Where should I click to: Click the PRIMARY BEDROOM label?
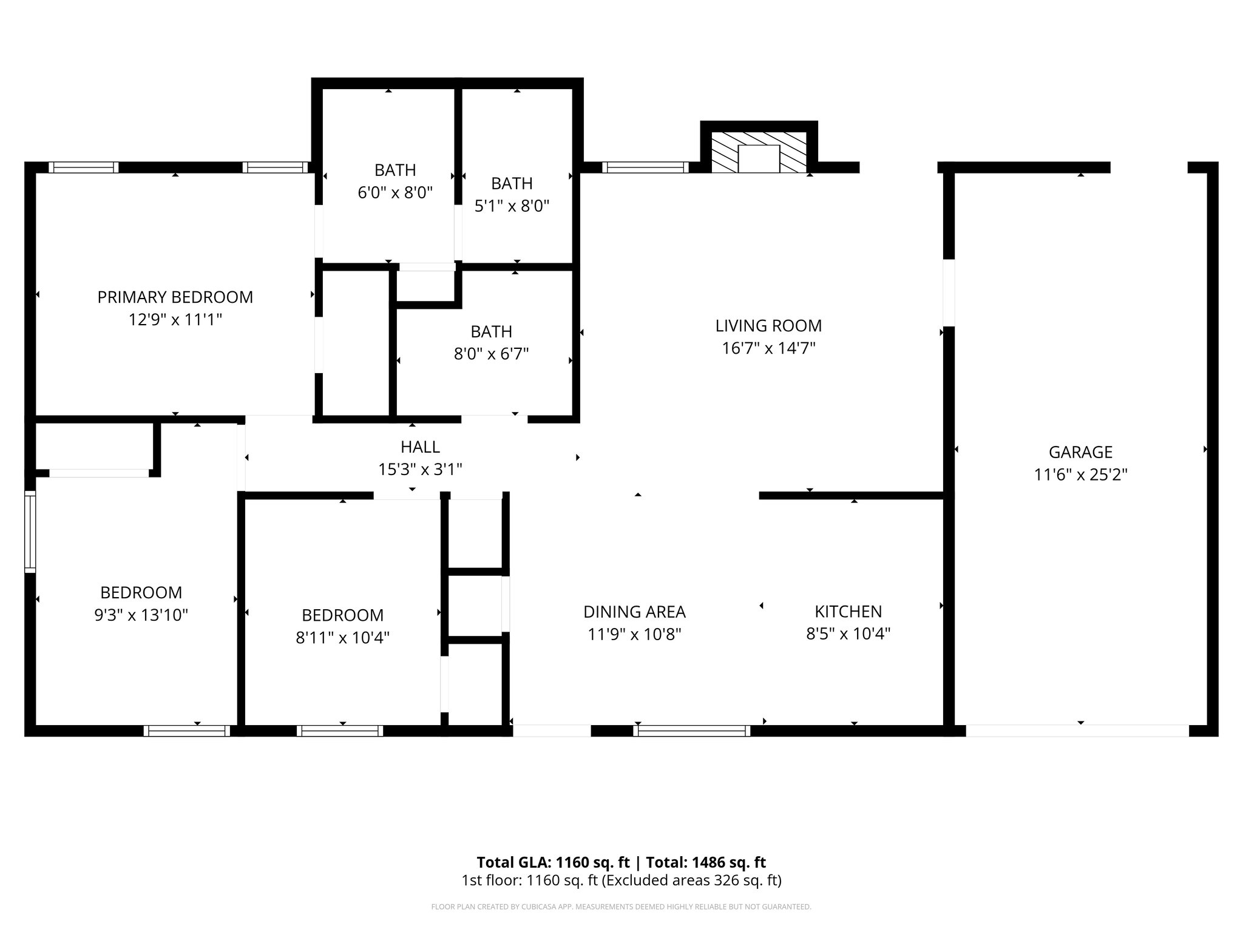click(x=175, y=297)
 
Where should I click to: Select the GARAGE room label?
click(x=1080, y=452)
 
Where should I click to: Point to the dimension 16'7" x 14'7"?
click(x=768, y=348)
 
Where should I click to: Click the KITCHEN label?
click(x=848, y=611)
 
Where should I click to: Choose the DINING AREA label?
click(x=634, y=611)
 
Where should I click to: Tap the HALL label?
click(x=420, y=447)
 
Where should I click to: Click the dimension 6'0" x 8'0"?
click(x=395, y=193)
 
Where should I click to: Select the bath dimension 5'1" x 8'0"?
click(x=512, y=206)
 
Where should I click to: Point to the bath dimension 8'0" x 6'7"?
click(x=491, y=354)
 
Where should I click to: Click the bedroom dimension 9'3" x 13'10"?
click(x=141, y=615)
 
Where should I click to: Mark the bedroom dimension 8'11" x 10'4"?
click(x=342, y=638)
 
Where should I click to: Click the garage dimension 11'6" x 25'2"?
click(x=1080, y=474)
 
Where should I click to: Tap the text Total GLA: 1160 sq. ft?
click(x=553, y=862)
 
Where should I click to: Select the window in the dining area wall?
click(x=691, y=731)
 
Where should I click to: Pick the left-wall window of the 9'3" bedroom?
click(x=30, y=531)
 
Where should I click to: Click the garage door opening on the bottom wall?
click(x=1077, y=731)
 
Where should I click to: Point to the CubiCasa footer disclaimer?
click(x=621, y=907)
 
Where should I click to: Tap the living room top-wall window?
click(x=645, y=167)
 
